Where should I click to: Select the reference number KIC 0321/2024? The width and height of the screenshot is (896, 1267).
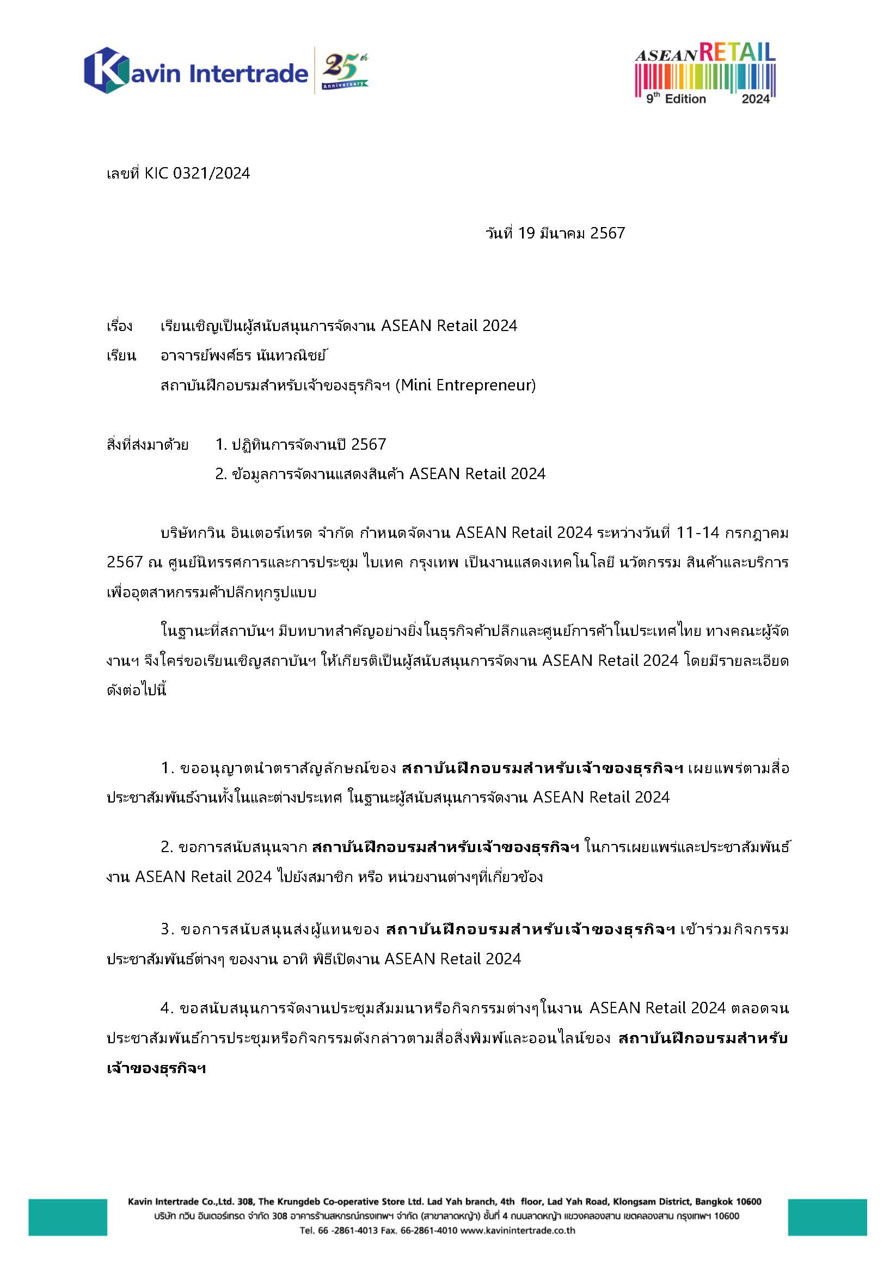197,174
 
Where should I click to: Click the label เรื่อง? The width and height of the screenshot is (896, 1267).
119,326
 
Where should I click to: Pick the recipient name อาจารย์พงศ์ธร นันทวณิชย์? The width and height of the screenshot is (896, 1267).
243,356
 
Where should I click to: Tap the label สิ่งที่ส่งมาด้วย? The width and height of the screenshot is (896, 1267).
147,444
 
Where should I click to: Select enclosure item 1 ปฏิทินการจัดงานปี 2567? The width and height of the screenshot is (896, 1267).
300,444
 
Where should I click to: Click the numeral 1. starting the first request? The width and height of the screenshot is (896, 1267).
168,768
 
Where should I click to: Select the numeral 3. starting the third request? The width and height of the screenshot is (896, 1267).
168,929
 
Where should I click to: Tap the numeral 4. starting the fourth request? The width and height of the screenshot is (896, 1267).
168,1008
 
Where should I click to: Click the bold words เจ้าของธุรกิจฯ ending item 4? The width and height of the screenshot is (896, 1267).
156,1068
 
